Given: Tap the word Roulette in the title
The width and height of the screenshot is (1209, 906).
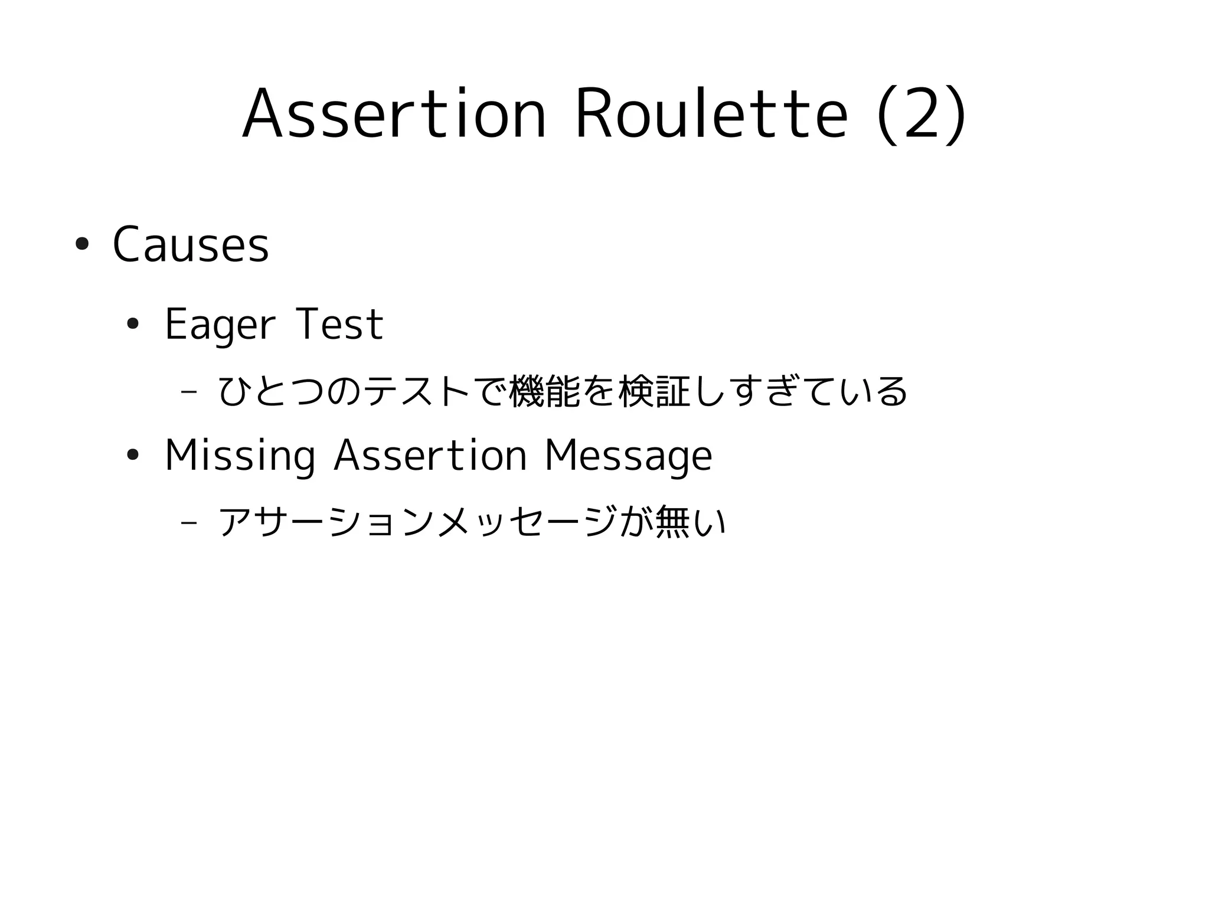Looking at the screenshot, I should click(711, 114).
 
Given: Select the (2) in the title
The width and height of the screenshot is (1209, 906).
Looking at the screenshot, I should click(922, 114).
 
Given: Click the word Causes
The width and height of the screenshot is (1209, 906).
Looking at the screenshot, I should click(191, 245).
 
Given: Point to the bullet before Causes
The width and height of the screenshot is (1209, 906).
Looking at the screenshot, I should click(81, 244).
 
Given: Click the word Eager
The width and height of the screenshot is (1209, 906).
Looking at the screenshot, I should click(220, 325).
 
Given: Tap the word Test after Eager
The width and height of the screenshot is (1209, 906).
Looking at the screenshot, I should click(340, 325).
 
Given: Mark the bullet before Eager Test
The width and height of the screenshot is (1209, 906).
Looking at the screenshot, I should click(133, 323).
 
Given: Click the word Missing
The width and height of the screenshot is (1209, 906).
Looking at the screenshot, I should click(240, 456).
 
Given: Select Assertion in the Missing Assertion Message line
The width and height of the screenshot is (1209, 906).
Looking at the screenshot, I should click(430, 456).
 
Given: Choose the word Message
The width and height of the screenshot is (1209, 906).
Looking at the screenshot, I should click(628, 456).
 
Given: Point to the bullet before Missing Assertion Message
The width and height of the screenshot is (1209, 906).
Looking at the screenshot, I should click(133, 454).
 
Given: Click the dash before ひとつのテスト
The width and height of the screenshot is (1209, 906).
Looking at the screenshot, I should click(189, 392).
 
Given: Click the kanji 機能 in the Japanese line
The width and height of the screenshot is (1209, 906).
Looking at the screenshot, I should click(544, 392).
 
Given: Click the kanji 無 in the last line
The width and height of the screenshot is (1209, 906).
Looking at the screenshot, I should click(672, 522).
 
